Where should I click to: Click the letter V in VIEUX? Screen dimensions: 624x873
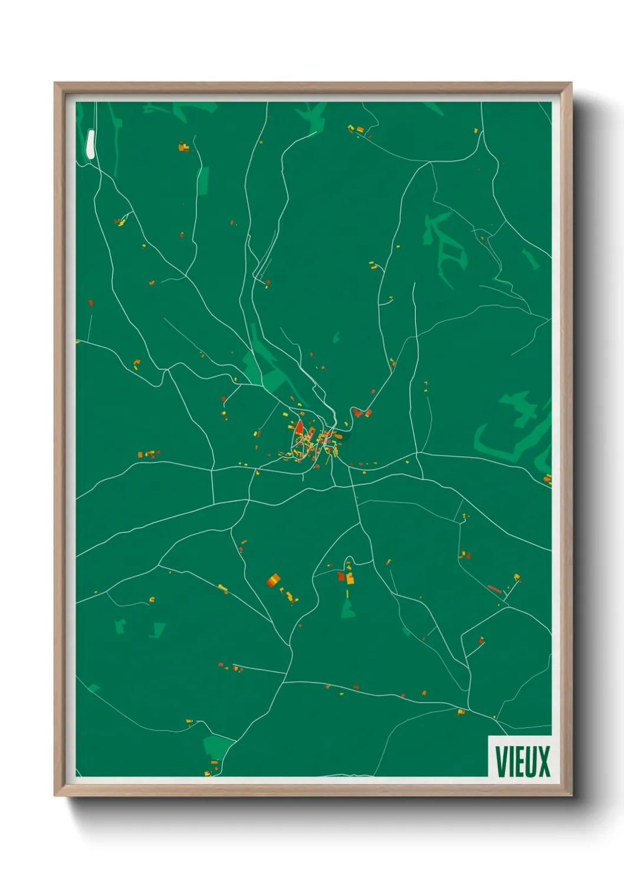coord(501,762)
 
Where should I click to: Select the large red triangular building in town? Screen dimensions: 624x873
coord(299,426)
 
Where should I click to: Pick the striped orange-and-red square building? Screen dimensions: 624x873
coord(273,580)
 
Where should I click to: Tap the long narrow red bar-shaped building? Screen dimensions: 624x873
coord(494,588)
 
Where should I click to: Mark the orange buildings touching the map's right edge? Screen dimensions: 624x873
coord(548,478)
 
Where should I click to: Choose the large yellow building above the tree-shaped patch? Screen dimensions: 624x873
coord(350,579)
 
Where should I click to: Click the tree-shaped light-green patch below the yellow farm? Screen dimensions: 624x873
coord(349,607)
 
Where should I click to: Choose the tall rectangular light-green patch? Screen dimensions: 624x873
coord(203,180)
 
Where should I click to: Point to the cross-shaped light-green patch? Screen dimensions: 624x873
coord(519,406)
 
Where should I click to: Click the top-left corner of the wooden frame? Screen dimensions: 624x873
coord(55,83)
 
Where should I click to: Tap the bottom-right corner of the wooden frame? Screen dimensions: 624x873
coord(572,796)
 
